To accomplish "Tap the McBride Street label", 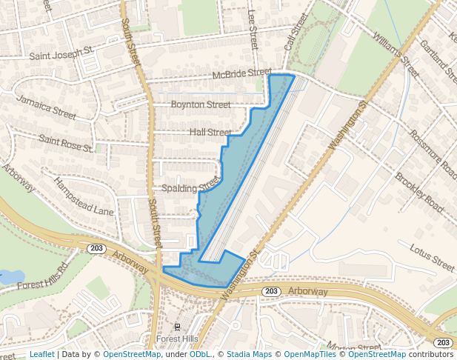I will tap(242, 74).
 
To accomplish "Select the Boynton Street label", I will tap(201, 105).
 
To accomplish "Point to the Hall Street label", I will tap(210, 132).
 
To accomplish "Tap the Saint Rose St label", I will tap(65, 143).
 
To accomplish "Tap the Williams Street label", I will tap(396, 44).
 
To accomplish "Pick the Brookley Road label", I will tap(419, 193).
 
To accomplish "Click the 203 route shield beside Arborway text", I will tap(270, 292).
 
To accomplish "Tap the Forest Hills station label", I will tap(178, 339).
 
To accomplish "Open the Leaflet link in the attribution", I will tap(41, 354).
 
